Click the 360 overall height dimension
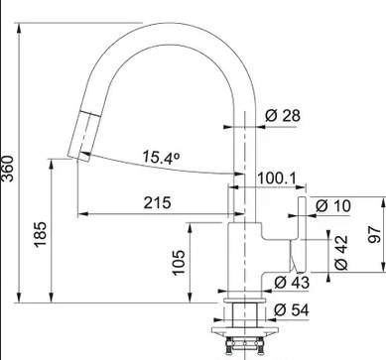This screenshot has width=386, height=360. [x=8, y=169]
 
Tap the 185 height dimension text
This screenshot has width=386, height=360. [x=40, y=234]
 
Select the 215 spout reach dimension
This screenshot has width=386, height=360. [x=158, y=202]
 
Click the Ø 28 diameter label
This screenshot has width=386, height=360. [x=283, y=115]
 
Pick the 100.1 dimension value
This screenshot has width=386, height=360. [x=277, y=179]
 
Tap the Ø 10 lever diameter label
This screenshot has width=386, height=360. [x=332, y=206]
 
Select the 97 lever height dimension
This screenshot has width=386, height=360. [x=374, y=234]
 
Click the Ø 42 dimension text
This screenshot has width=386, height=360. [x=341, y=252]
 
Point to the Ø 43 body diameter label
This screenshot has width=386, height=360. [x=292, y=283]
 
